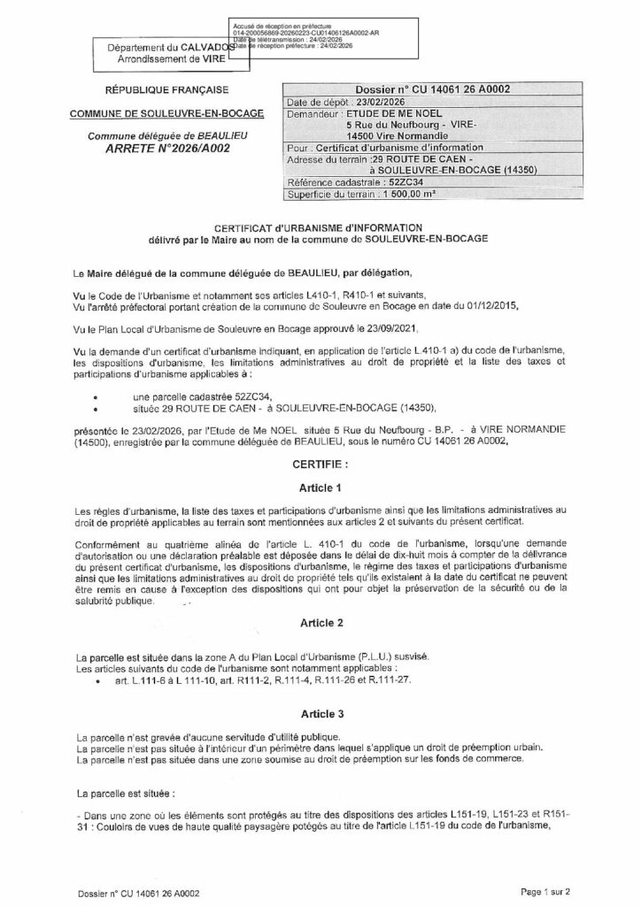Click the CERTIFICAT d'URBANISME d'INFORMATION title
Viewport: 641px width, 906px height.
pyautogui.click(x=320, y=227)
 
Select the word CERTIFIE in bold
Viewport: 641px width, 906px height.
pyautogui.click(x=320, y=464)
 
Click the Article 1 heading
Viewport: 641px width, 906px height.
pyautogui.click(x=320, y=488)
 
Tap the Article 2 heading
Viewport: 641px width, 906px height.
pyautogui.click(x=320, y=623)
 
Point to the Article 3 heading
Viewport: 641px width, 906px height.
pyautogui.click(x=320, y=712)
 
